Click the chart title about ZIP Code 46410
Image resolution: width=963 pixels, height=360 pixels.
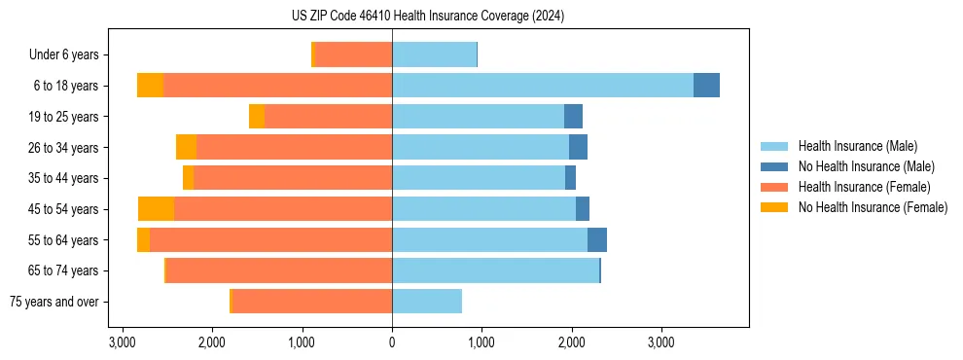(427, 17)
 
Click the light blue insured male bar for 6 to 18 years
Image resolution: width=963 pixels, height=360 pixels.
(543, 86)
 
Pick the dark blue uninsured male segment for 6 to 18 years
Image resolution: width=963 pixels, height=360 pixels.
(706, 86)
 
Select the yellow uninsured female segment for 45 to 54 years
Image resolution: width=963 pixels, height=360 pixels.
(156, 209)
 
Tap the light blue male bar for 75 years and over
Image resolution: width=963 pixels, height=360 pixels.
(427, 302)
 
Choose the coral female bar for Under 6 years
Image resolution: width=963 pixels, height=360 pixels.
(354, 55)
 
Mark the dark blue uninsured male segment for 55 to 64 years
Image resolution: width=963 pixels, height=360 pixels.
(597, 240)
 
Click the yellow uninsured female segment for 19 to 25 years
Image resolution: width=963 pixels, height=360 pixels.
(257, 117)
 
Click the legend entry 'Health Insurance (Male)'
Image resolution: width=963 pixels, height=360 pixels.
(857, 147)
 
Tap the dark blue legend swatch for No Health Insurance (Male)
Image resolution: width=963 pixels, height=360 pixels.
(775, 167)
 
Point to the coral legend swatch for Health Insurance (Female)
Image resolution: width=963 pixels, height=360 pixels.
(775, 187)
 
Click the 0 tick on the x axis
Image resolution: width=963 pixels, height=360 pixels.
(392, 343)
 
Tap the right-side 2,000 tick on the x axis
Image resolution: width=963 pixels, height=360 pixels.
(571, 343)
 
